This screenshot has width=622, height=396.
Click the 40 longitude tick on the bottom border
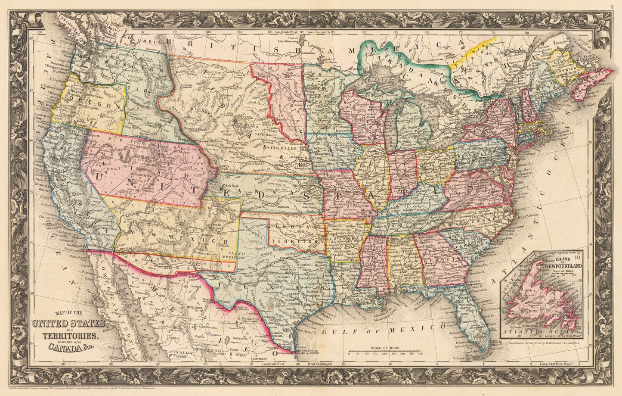(63, 364)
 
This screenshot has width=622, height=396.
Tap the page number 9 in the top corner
(612, 6)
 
